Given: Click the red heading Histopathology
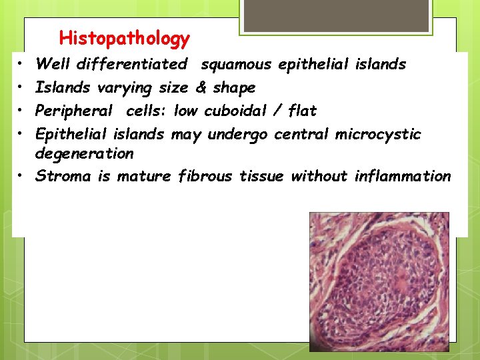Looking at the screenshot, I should click(x=124, y=39).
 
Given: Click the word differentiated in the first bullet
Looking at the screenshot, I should click(x=131, y=64).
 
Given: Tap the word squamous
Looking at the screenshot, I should click(x=236, y=64).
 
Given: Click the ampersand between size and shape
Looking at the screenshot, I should click(x=201, y=87).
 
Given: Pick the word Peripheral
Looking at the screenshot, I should click(x=73, y=110).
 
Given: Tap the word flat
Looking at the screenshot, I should click(x=302, y=110).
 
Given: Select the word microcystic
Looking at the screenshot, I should click(x=378, y=133).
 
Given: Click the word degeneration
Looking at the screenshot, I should click(x=84, y=153).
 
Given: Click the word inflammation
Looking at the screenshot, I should click(x=403, y=176).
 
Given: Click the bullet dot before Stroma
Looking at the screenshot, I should click(x=21, y=176).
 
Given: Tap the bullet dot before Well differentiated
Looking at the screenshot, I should click(x=21, y=64).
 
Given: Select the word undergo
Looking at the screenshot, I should click(x=237, y=133).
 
